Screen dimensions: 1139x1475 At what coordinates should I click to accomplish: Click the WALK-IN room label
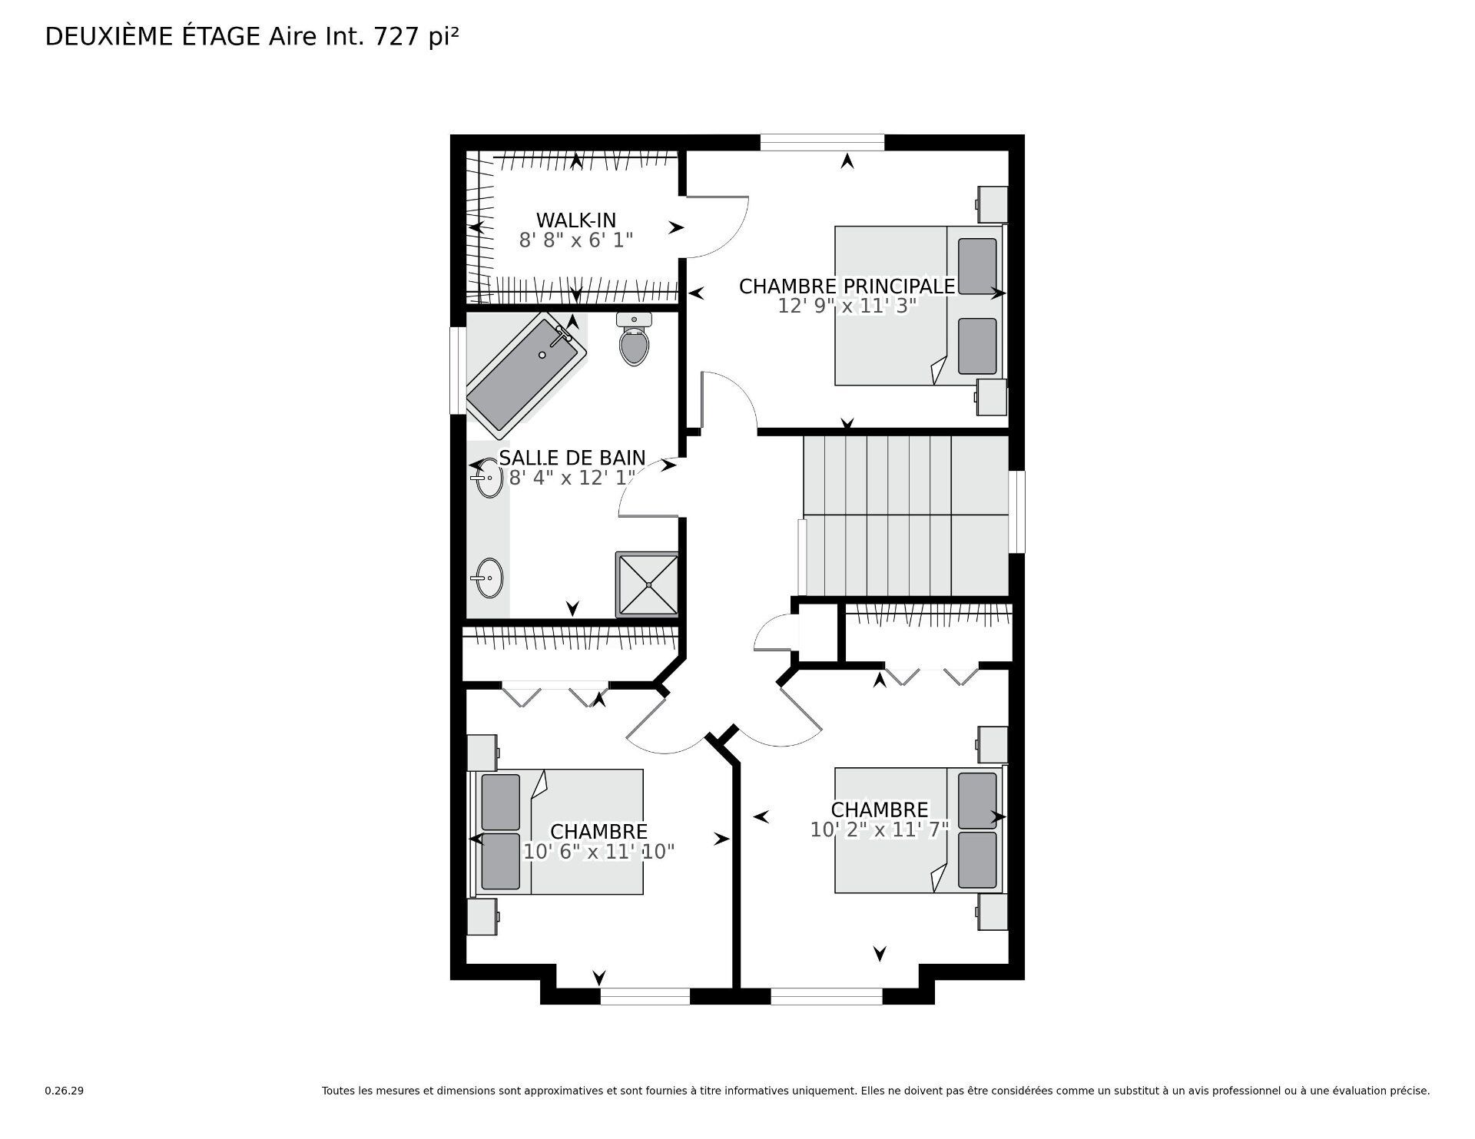(575, 220)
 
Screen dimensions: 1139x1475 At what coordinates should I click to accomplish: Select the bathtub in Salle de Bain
(526, 374)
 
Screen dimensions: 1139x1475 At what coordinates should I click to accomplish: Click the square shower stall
(648, 584)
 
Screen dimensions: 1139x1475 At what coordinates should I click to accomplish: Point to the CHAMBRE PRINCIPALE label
(847, 286)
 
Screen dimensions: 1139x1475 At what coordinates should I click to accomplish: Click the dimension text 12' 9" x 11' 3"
(847, 306)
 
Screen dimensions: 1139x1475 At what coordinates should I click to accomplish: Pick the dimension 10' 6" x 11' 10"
(598, 852)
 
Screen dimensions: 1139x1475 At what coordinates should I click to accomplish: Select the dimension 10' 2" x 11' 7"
(880, 829)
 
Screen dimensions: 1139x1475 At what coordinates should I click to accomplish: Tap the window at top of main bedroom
(821, 143)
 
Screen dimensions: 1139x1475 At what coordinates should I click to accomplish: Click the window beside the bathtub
(458, 371)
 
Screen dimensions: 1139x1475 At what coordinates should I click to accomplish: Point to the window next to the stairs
(1016, 512)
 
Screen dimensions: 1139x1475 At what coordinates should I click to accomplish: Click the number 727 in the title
(396, 37)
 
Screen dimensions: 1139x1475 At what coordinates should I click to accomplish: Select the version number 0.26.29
(64, 1091)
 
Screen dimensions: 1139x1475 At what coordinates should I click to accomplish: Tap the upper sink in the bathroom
(486, 477)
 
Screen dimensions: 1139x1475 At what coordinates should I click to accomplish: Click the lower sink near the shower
(486, 578)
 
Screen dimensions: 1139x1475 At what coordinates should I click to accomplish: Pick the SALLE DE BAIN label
(572, 458)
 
